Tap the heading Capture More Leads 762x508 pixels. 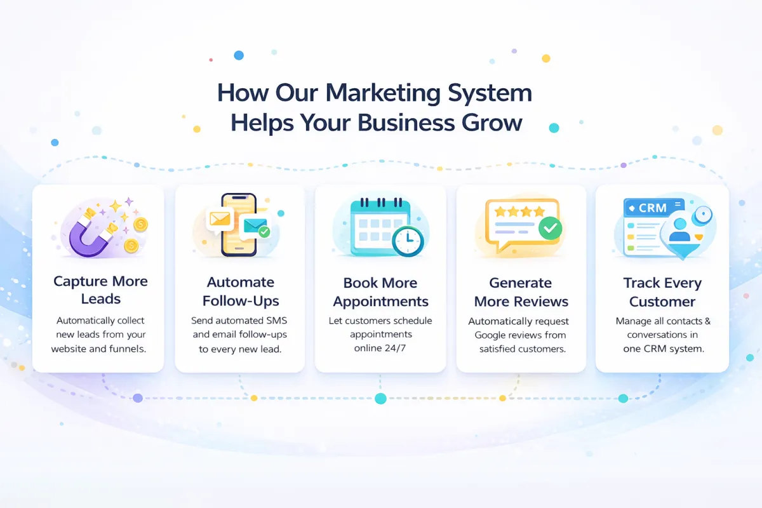click(x=100, y=290)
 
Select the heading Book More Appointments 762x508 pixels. click(x=380, y=291)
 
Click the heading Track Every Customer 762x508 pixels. click(x=662, y=291)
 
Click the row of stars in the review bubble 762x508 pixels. click(x=520, y=211)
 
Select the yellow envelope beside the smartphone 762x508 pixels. click(x=220, y=219)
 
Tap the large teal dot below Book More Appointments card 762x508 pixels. click(x=380, y=399)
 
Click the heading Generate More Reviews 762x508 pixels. click(x=521, y=291)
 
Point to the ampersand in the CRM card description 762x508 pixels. click(x=707, y=321)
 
